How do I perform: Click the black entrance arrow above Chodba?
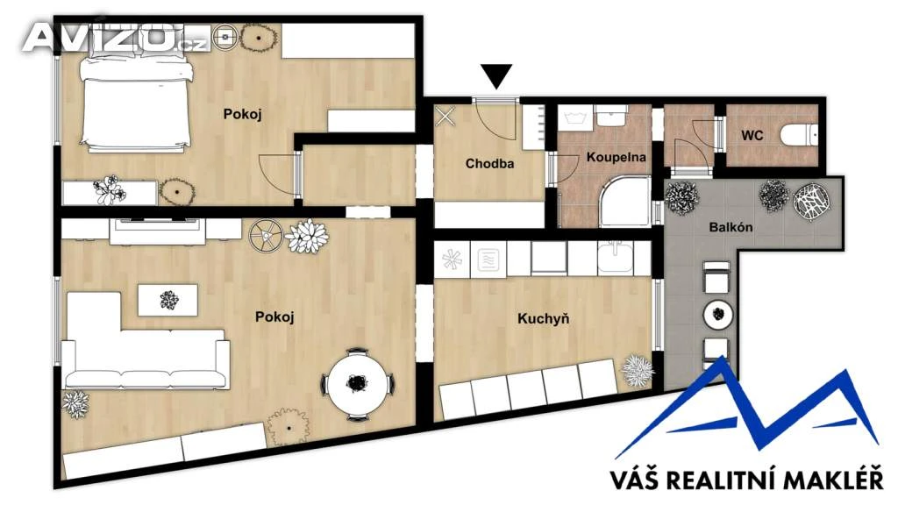pyautogui.click(x=496, y=75)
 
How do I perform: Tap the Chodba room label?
pyautogui.click(x=489, y=164)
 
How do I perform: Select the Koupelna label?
pyautogui.click(x=616, y=157)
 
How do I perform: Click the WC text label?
pyautogui.click(x=752, y=136)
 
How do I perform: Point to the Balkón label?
pyautogui.click(x=731, y=227)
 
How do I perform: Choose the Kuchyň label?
pyautogui.click(x=543, y=318)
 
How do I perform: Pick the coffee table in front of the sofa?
pyautogui.click(x=167, y=300)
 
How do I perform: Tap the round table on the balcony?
pyautogui.click(x=718, y=314)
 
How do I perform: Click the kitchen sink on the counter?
pyautogui.click(x=616, y=256)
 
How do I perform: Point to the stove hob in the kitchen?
pyautogui.click(x=488, y=259)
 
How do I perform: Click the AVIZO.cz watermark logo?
pyautogui.click(x=115, y=38)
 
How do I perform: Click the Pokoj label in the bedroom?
pyautogui.click(x=242, y=114)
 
